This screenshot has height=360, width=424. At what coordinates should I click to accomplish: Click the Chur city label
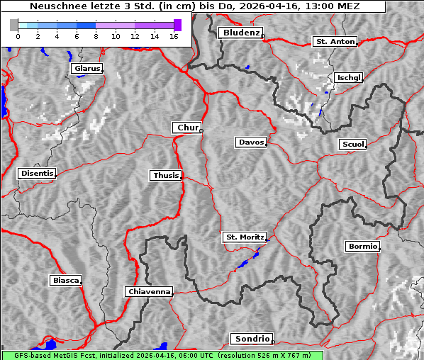point(187,128)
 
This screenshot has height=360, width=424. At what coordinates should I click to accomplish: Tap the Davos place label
point(250,142)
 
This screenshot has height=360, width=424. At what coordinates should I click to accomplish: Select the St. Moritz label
point(244,237)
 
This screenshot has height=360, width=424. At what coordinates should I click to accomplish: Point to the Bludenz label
point(240,33)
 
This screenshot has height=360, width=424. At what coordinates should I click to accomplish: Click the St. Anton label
point(334,42)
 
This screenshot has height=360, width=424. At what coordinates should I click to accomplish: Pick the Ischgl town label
point(349,77)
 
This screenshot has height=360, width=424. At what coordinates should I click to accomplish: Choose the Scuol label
point(352,145)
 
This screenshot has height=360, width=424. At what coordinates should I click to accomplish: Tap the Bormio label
point(362,247)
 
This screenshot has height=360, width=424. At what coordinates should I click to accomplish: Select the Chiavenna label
point(149,291)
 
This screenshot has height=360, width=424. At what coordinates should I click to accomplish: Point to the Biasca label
point(66,281)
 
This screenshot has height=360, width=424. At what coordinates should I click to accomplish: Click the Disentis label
point(37,174)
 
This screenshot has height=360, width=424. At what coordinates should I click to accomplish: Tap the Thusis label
point(166,175)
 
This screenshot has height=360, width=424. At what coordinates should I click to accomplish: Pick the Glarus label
point(87,69)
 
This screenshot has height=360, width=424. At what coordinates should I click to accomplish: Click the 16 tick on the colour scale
point(174,35)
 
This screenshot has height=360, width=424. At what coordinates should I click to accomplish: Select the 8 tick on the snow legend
point(96,35)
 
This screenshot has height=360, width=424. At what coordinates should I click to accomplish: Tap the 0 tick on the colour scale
point(18,35)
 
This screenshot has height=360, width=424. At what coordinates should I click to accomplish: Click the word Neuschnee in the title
point(54,6)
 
